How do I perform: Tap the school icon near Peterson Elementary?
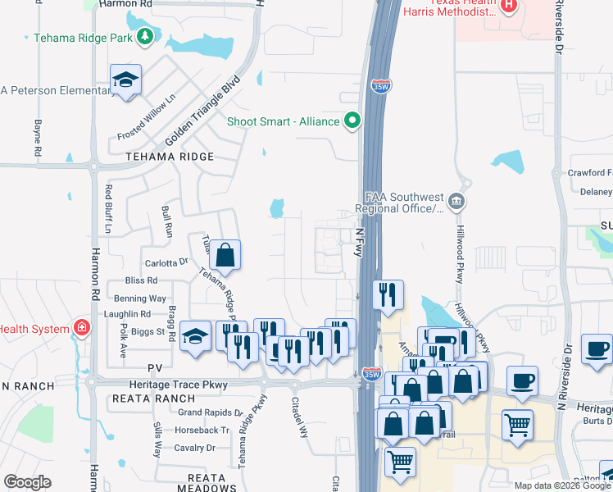(125, 80)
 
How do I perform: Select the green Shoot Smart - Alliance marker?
(353, 121)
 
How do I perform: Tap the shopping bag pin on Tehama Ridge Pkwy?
(225, 256)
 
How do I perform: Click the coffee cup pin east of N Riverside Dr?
(597, 348)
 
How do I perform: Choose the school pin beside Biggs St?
(195, 336)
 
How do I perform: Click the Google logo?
(27, 482)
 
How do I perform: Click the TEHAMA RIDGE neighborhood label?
(170, 157)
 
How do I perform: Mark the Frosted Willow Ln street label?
(147, 118)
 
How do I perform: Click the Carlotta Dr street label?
(166, 263)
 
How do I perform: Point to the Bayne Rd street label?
(38, 139)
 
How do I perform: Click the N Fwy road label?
(358, 242)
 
